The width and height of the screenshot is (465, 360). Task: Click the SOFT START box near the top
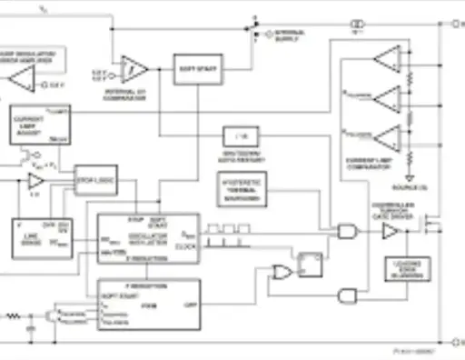[198, 68]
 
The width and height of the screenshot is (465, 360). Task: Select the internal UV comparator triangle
[134, 67]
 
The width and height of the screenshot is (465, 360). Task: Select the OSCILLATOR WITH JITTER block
[148, 238]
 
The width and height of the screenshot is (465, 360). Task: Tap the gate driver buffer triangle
[390, 232]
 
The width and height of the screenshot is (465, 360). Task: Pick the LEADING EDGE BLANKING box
[398, 269]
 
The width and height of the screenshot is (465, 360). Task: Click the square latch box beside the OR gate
[312, 265]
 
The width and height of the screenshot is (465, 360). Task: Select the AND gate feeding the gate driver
[347, 232]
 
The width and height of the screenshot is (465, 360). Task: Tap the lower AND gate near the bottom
[347, 295]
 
